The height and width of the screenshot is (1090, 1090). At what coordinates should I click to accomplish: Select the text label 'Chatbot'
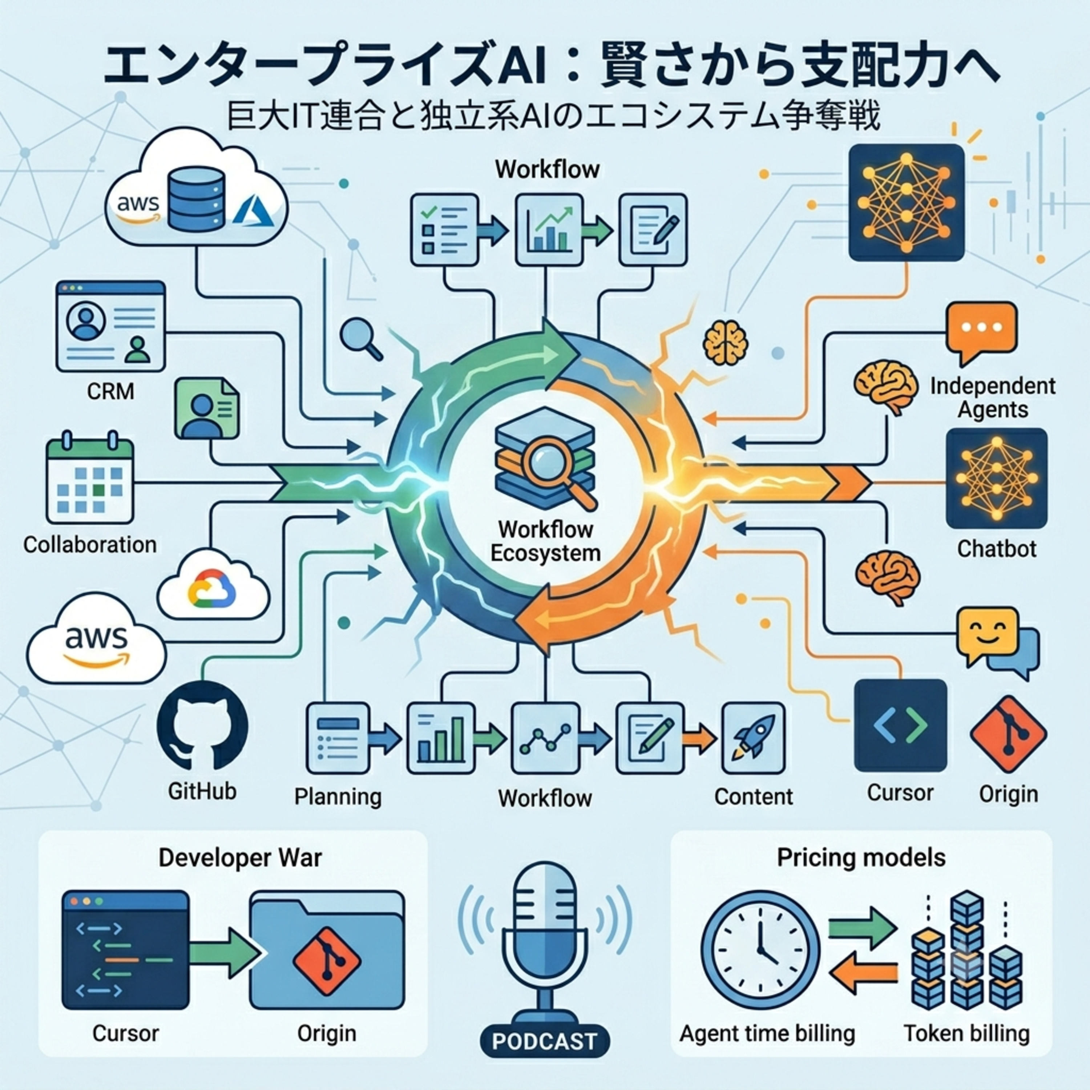[996, 548]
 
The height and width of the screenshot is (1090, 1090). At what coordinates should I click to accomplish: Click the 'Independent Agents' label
[992, 398]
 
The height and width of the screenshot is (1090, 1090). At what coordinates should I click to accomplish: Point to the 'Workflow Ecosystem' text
[545, 541]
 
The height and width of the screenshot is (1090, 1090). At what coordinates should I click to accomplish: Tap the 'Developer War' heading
[240, 857]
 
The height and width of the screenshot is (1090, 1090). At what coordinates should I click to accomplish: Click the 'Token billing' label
[966, 1033]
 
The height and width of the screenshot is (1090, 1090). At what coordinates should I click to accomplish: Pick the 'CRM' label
[110, 391]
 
